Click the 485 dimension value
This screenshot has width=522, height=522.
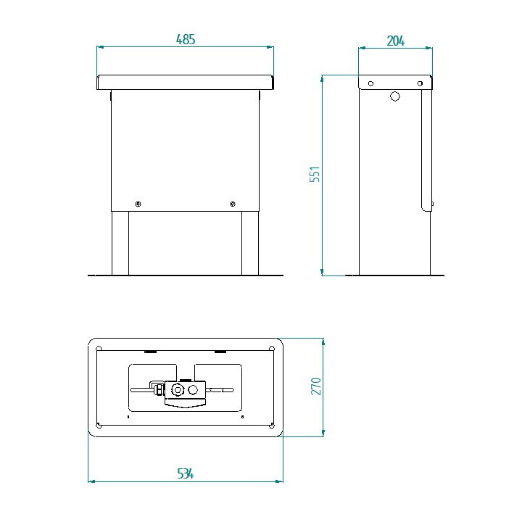click(x=186, y=39)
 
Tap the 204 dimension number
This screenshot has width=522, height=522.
click(x=396, y=41)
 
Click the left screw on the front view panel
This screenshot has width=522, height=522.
click(x=138, y=204)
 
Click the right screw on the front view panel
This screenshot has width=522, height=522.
click(x=233, y=204)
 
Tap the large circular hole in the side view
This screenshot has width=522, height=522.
click(x=395, y=96)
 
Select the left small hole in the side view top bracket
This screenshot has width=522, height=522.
click(x=370, y=83)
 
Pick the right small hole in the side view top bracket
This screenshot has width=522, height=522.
click(x=420, y=83)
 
